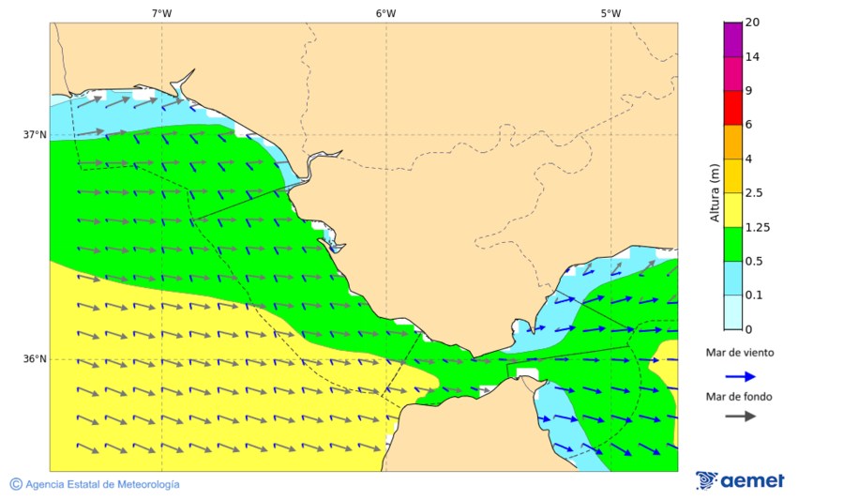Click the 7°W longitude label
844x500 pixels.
tap(161, 13)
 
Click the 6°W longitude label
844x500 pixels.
tap(385, 13)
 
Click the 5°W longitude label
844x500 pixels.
tap(610, 13)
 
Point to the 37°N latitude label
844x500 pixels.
tap(35, 134)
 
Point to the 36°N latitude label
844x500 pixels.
tap(35, 359)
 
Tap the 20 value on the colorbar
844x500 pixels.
tap(752, 23)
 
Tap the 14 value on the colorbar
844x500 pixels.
tap(752, 56)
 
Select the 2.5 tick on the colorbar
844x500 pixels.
tap(753, 193)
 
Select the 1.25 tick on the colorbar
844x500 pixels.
tap(756, 227)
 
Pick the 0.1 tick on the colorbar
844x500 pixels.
tap(753, 295)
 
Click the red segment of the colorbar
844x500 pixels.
tap(732, 108)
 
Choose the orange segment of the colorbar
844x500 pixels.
tap(732, 142)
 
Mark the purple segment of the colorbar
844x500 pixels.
tap(732, 39)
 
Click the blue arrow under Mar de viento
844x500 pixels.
tap(740, 377)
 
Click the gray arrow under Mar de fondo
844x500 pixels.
tap(740, 416)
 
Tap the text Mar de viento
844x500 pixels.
tap(740, 353)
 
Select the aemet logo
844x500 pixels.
tap(741, 480)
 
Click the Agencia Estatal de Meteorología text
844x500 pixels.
tap(102, 484)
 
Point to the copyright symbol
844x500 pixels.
tap(16, 484)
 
